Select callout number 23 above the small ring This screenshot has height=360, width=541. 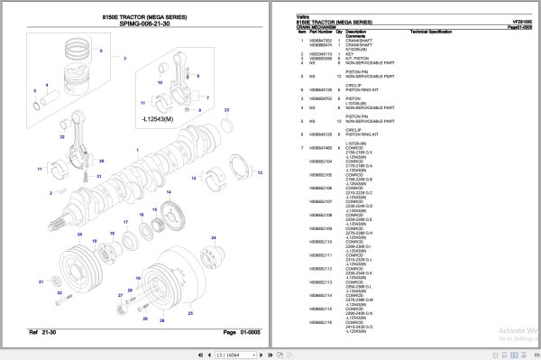click(225, 109)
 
